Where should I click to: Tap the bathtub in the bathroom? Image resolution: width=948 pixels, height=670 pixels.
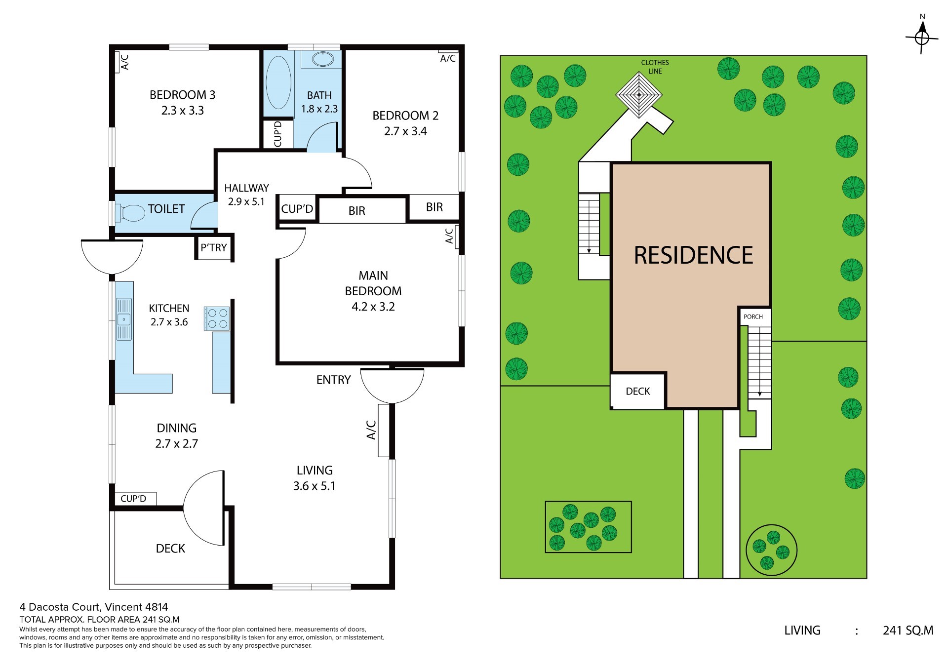(278, 82)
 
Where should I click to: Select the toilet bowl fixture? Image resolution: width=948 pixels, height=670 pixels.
(129, 213)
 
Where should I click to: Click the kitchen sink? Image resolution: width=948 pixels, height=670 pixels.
(123, 319)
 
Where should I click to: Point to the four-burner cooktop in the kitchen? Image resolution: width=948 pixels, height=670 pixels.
(217, 318)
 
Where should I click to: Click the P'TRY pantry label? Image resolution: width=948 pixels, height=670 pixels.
(214, 247)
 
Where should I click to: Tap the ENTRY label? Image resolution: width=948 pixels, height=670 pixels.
(333, 380)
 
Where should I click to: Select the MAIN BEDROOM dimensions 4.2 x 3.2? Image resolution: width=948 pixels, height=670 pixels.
(373, 307)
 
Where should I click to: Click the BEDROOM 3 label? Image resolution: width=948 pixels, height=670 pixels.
(183, 95)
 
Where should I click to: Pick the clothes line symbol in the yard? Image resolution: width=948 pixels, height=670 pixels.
(639, 95)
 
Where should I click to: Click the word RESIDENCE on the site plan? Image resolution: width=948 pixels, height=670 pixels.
(693, 255)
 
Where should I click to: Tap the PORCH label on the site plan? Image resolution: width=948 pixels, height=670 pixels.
(753, 317)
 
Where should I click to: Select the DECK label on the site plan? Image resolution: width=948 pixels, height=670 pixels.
(638, 392)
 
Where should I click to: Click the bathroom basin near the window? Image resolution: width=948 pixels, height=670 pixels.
(323, 59)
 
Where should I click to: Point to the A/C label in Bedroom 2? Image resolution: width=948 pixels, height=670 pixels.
(448, 59)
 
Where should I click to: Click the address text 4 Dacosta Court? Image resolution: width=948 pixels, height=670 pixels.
(60, 607)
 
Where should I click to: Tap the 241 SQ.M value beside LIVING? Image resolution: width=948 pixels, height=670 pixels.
(908, 631)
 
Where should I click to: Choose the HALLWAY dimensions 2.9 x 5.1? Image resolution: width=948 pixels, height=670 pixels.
(246, 202)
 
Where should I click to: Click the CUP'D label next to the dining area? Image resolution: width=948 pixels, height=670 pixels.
(133, 499)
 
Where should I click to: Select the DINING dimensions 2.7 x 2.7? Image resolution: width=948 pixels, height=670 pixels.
(177, 444)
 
